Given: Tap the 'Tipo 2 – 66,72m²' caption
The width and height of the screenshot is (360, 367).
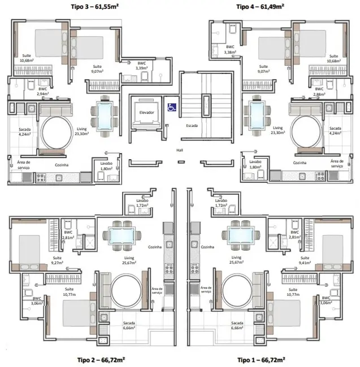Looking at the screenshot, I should tap(98, 360).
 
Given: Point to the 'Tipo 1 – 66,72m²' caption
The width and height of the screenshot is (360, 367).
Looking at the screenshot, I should tap(261, 360).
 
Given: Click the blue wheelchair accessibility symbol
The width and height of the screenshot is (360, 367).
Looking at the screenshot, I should tap(170, 106).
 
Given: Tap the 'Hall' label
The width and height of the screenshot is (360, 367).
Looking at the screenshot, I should tap(180, 151).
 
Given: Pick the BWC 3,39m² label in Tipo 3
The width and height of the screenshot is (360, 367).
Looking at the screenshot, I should tap(141, 66).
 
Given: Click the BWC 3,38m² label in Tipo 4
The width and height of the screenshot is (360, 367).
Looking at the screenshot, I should tap(230, 50).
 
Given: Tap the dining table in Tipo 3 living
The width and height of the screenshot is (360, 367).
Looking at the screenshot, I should tap(105, 116).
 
